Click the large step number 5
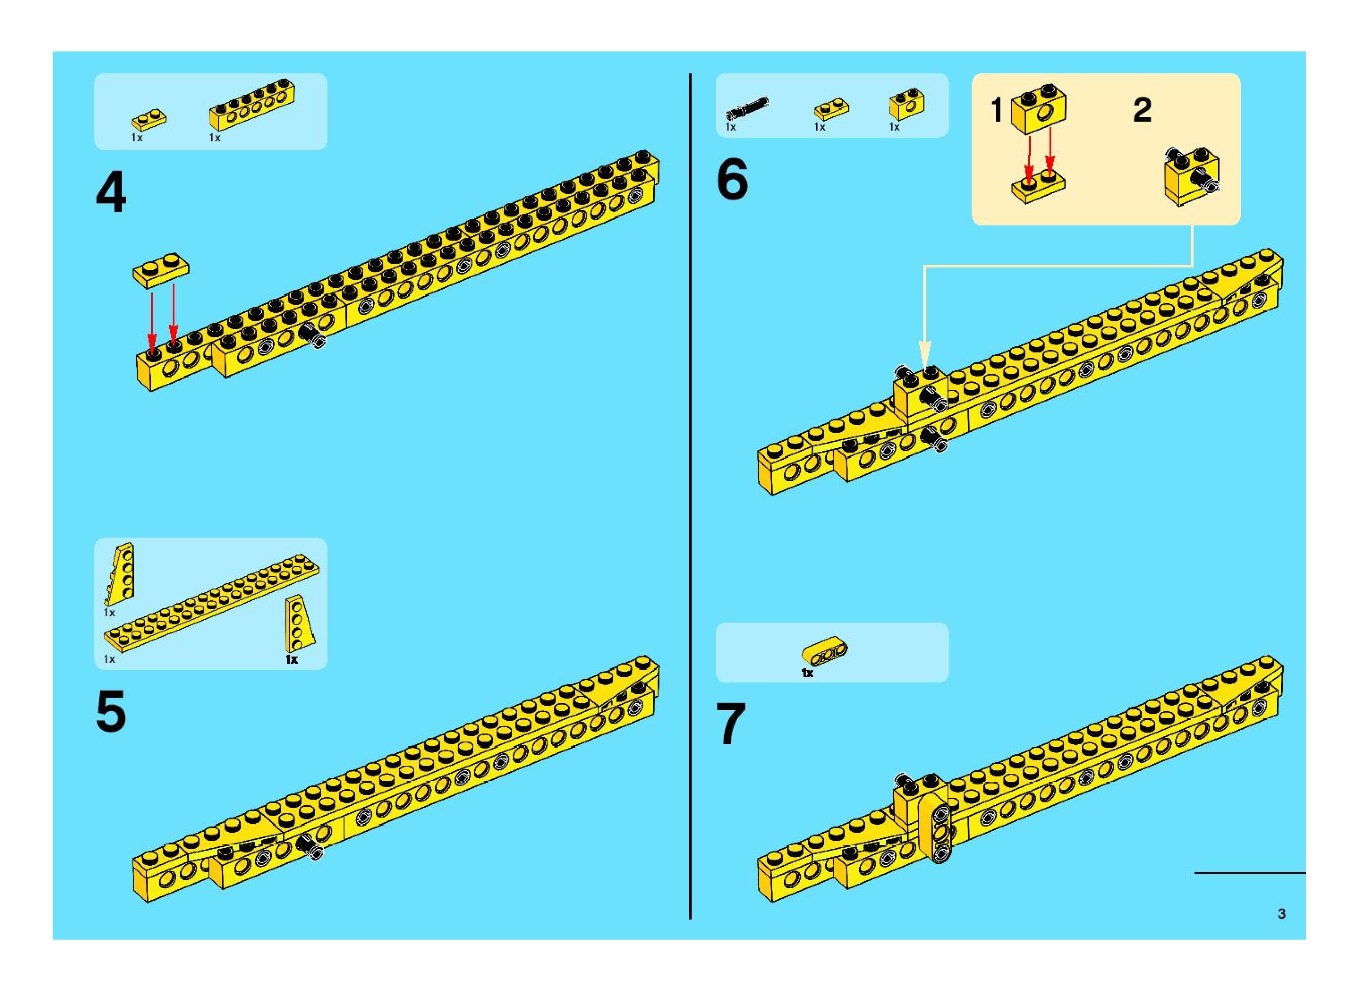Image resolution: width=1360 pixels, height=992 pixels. pyautogui.click(x=111, y=711)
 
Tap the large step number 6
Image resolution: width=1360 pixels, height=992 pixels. pyautogui.click(x=732, y=178)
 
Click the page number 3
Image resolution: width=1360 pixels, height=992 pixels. pyautogui.click(x=1281, y=913)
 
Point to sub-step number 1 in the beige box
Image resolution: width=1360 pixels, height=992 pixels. pyautogui.click(x=997, y=110)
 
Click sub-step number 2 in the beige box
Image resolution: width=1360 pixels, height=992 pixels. pyautogui.click(x=1142, y=110)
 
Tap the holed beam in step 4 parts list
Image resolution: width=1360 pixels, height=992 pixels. pyautogui.click(x=252, y=104)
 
